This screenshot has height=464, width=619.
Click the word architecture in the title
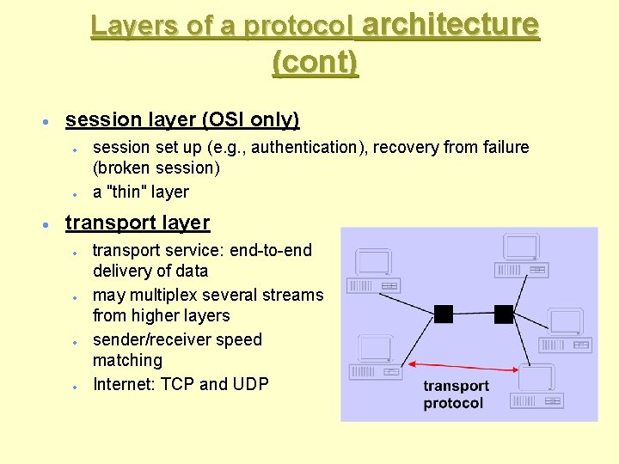click(x=450, y=25)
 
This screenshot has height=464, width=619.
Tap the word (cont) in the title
click(x=315, y=63)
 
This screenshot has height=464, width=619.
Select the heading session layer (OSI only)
click(x=182, y=119)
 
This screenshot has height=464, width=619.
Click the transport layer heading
click(x=138, y=223)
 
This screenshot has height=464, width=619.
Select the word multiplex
click(x=169, y=295)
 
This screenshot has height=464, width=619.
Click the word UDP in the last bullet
click(x=249, y=384)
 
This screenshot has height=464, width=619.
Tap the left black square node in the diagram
click(x=444, y=314)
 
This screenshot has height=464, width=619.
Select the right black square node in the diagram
click(x=504, y=314)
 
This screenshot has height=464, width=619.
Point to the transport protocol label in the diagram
click(x=456, y=394)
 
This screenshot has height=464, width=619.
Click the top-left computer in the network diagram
click(x=373, y=272)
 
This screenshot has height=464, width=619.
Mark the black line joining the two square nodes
click(x=474, y=314)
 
